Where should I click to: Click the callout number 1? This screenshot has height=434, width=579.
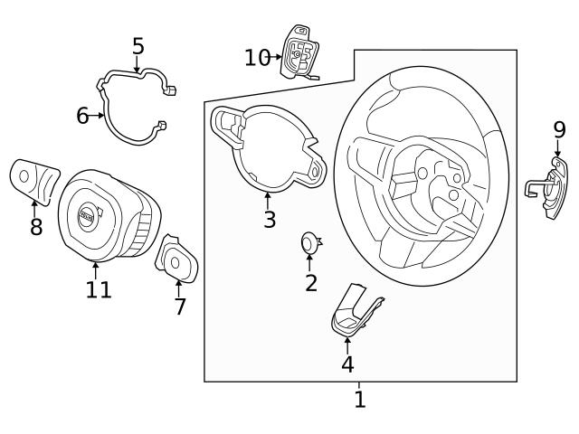[x=360, y=399]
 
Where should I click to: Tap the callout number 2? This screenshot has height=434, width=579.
[x=311, y=283]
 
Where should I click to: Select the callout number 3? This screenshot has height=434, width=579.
[x=269, y=219]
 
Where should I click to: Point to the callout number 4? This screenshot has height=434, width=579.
[x=347, y=363]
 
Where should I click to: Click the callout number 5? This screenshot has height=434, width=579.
[x=138, y=45]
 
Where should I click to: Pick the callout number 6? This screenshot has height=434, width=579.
[x=82, y=116]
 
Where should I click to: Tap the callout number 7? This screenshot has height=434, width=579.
[x=180, y=307]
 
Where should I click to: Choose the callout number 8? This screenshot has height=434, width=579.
[x=36, y=226]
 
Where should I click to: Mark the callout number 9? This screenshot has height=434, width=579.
[x=559, y=130]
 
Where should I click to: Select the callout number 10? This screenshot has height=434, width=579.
[x=256, y=57]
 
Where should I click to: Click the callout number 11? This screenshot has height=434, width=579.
[x=99, y=289]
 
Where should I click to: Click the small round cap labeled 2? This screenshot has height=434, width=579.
[x=309, y=241]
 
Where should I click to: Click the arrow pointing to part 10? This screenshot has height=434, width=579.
[x=277, y=57]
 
